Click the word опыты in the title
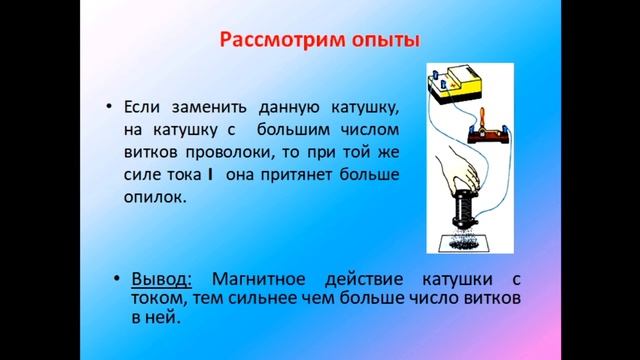381,42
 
